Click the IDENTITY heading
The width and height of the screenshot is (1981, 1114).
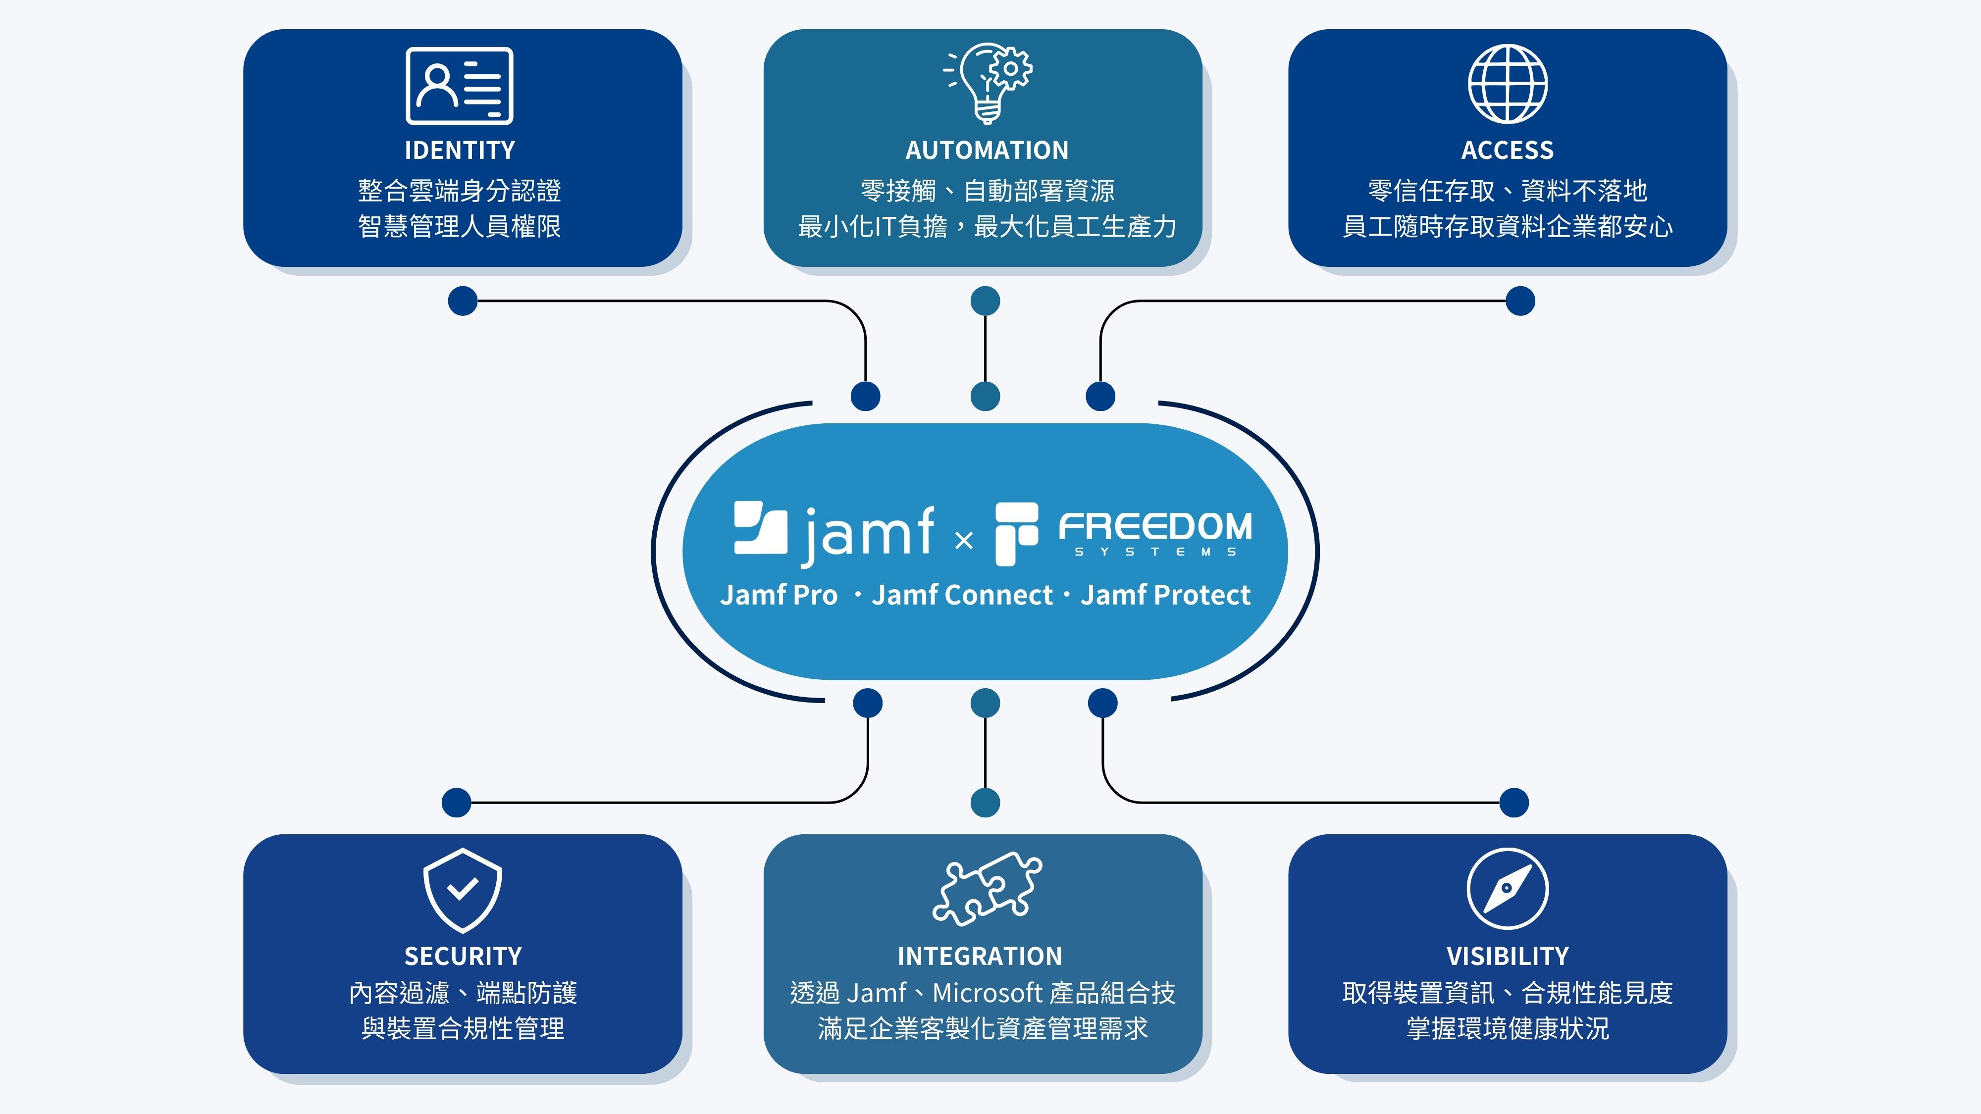pyautogui.click(x=460, y=150)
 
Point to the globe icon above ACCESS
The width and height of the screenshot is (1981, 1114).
pyautogui.click(x=1507, y=84)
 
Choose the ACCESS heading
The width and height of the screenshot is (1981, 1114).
pyautogui.click(x=1507, y=150)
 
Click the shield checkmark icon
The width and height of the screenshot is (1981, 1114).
pyautogui.click(x=462, y=890)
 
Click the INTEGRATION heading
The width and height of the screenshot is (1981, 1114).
pyautogui.click(x=980, y=956)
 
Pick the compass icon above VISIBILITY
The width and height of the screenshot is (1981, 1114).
pyautogui.click(x=1507, y=889)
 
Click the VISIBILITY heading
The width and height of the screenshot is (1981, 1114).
pyautogui.click(x=1507, y=956)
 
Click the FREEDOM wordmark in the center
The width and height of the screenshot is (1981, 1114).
pyautogui.click(x=1155, y=527)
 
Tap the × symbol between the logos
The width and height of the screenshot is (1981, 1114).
pyautogui.click(x=964, y=541)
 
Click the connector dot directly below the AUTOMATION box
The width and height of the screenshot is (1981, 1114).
pyautogui.click(x=985, y=301)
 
